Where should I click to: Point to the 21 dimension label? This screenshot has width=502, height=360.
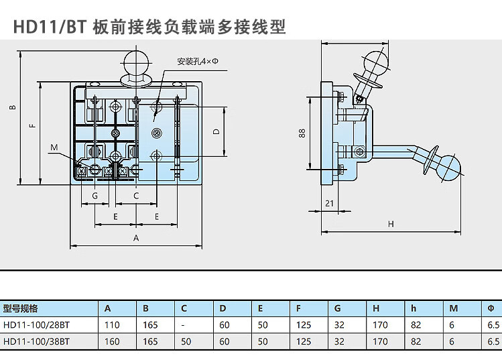329,202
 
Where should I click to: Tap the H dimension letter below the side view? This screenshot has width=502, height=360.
391,223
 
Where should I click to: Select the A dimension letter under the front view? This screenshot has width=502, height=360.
136,238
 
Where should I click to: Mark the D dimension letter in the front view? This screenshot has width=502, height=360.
216,132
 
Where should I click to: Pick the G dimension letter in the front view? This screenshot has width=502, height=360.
96,196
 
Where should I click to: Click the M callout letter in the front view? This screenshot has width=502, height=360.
54,147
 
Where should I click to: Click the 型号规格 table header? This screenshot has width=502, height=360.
21,309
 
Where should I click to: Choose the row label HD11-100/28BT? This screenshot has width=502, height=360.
36,325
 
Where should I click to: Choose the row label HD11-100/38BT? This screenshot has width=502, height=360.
36,341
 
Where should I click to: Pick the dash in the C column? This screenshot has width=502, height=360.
182,325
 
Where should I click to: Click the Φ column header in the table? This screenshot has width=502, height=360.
490,309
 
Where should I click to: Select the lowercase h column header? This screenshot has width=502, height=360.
414,309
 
